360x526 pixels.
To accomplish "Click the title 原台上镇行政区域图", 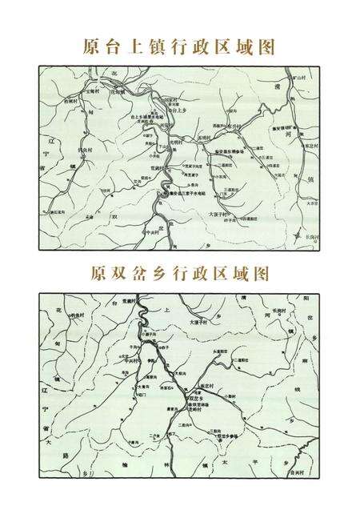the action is point(179,46).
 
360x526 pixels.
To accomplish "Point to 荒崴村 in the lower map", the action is point(130,303).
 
